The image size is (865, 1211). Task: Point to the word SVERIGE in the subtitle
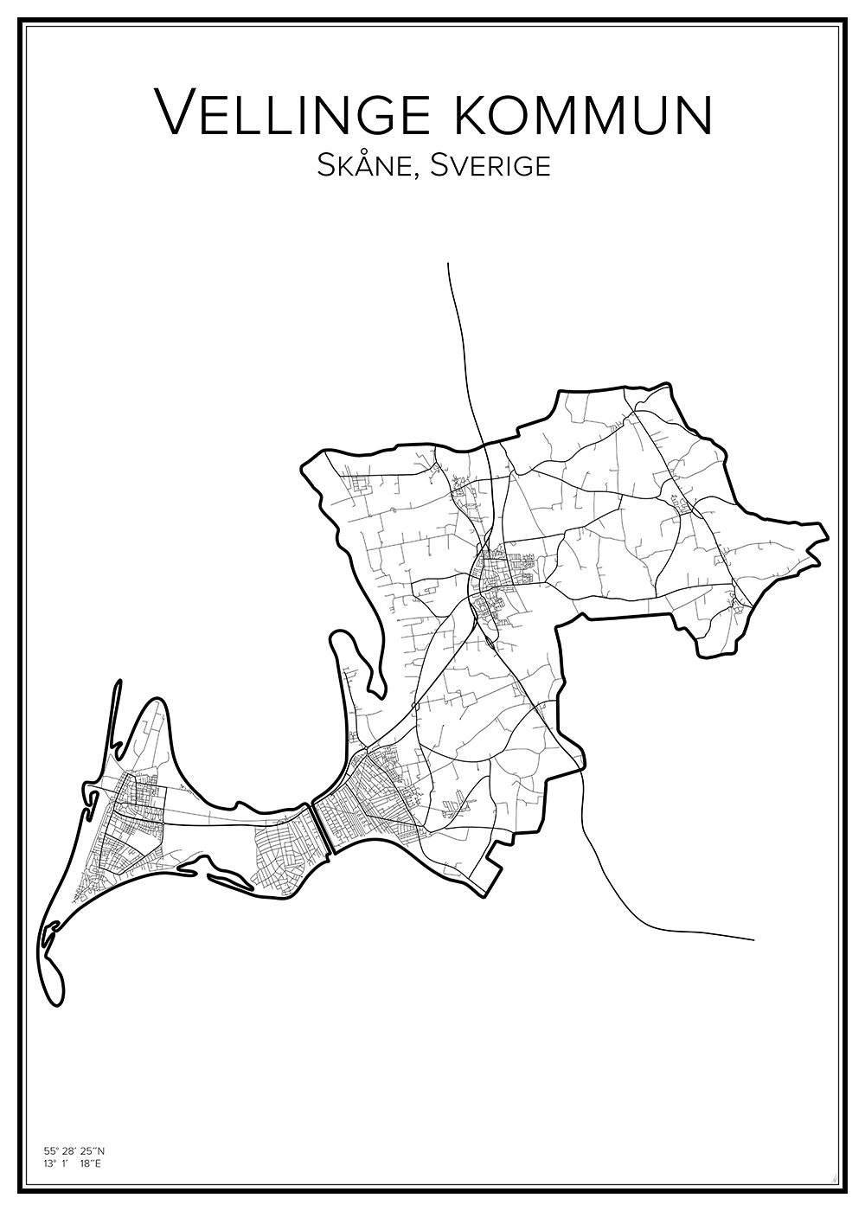coord(496,165)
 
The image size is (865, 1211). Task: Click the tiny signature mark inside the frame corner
coord(832,1176)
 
